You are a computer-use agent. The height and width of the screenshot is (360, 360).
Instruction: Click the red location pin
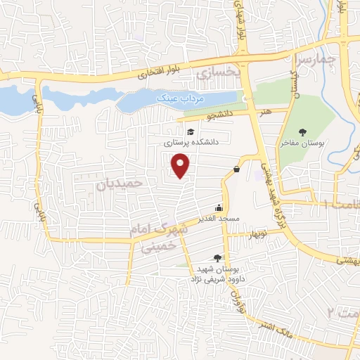coord(181,166)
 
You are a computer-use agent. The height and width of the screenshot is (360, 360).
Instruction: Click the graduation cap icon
coord(189,131)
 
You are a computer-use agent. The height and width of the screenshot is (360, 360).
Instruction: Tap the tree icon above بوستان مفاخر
coord(302,131)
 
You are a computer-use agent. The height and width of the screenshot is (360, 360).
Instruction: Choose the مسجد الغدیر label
coord(219,219)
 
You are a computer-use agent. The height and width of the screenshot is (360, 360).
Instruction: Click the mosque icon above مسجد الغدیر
coord(219,208)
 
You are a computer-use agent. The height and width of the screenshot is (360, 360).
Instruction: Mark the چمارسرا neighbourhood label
coord(313,58)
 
